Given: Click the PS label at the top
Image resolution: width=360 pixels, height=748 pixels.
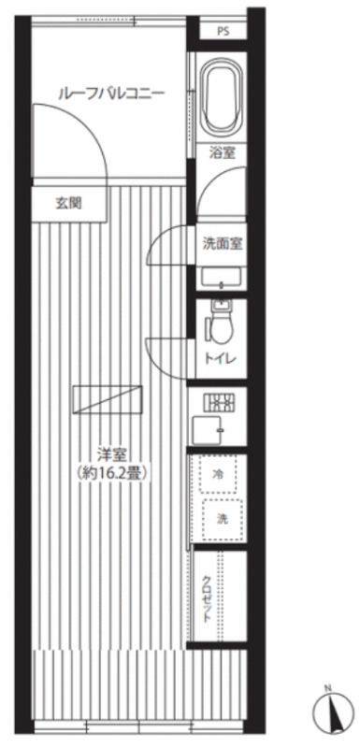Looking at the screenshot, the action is point(223,32).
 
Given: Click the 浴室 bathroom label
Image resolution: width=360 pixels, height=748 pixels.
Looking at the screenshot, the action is point(223,153).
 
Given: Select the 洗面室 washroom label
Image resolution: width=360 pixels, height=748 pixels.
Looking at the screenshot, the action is point(223,244).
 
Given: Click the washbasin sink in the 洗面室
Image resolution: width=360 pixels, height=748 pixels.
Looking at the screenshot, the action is point(222,278).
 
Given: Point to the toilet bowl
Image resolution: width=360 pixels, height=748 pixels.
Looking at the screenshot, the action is point(221,323).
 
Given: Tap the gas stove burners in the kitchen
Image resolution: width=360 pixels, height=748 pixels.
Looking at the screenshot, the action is point(221,402).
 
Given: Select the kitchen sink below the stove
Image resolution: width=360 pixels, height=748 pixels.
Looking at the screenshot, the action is point(207,430).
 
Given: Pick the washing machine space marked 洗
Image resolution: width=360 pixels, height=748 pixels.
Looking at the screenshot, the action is point(223,520).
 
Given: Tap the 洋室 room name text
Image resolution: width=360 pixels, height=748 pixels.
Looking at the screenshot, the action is point(110,454).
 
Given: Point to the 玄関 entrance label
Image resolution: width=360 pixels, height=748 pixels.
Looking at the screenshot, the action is point(68,204).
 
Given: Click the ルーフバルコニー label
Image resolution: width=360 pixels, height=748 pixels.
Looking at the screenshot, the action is point(111,93).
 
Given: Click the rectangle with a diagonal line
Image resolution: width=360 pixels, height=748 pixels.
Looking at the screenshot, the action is point(108,399).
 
